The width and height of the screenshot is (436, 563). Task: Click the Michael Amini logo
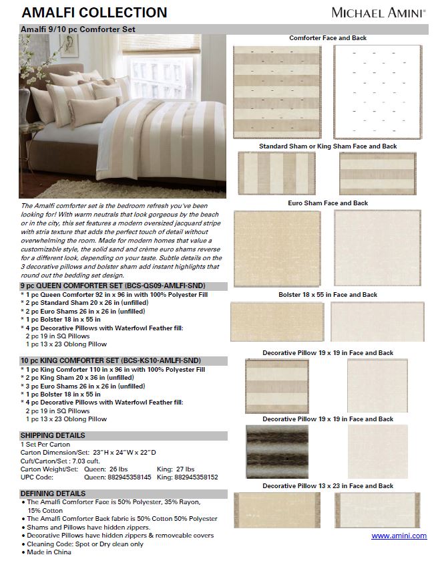pyautogui.click(x=379, y=12)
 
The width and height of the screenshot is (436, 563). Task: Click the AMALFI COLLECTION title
pyautogui.click(x=94, y=13)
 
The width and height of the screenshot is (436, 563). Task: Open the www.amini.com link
pyautogui.click(x=399, y=536)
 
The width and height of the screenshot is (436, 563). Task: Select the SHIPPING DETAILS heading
pyautogui.click(x=53, y=435)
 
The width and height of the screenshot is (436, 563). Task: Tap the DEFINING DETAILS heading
pyautogui.click(x=53, y=493)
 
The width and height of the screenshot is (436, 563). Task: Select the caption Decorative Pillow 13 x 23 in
pyautogui.click(x=328, y=486)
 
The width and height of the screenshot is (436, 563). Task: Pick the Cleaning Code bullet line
pyautogui.click(x=85, y=544)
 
